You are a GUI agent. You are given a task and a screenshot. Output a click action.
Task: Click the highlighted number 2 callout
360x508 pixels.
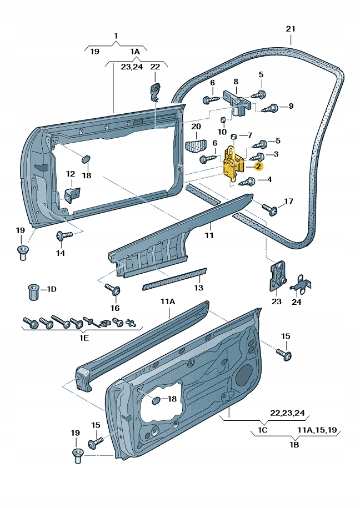258,165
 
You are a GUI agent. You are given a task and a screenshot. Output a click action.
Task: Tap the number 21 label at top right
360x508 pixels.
291,29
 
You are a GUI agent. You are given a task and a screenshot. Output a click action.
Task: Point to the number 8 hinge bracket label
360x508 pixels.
236,81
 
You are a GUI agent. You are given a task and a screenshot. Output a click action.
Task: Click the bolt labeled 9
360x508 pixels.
272,107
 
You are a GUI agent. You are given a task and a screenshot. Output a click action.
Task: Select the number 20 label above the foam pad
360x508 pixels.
196,127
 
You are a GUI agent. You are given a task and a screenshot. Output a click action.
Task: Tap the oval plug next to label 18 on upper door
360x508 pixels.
86,159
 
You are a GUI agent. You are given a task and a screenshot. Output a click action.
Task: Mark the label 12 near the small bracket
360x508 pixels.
70,174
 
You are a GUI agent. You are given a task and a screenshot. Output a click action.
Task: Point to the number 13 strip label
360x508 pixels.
198,288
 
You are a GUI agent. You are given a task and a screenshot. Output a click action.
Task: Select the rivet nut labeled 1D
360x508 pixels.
33,291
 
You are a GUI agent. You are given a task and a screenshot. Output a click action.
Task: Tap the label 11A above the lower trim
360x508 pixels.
168,302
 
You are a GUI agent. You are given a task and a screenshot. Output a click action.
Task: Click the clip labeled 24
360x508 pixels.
300,284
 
